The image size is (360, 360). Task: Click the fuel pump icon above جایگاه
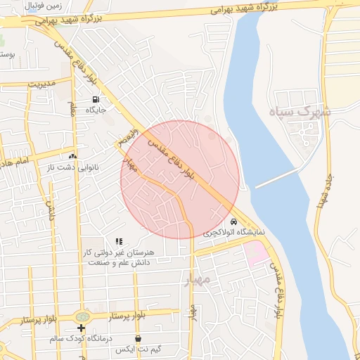[x=96, y=99]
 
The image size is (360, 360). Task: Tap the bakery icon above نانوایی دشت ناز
[x=72, y=156]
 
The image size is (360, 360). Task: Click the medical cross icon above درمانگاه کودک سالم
[x=81, y=328]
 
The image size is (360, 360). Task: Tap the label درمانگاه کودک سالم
[x=81, y=338]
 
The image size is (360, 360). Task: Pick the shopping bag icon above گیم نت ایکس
[x=138, y=338]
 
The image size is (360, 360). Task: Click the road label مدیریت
[x=41, y=82]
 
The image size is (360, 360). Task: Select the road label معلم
[x=72, y=108]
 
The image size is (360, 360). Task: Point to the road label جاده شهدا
[x=327, y=190]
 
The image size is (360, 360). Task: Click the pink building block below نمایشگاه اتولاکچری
[x=257, y=252]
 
